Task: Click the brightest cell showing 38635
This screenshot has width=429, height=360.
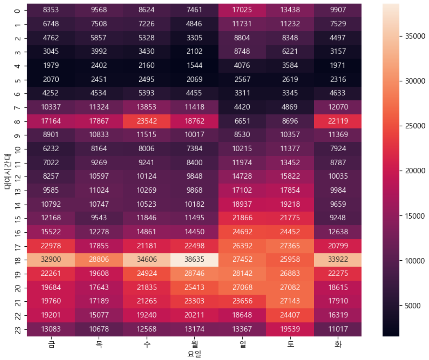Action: pyautogui.click(x=194, y=260)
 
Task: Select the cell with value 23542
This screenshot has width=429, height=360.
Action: pyautogui.click(x=146, y=121)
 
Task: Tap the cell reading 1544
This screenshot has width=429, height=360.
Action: pyautogui.click(x=194, y=66)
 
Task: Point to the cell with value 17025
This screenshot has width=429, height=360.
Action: pyautogui.click(x=242, y=10)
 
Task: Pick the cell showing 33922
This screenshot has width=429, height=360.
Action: pyautogui.click(x=338, y=260)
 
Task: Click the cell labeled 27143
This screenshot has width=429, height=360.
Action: pyautogui.click(x=290, y=301)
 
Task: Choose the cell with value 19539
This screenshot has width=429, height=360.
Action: pyautogui.click(x=290, y=329)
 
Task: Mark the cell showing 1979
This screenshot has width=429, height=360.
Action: pyautogui.click(x=51, y=66)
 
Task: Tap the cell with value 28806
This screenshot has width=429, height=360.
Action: pyautogui.click(x=99, y=260)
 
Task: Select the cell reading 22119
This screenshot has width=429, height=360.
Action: pyautogui.click(x=338, y=121)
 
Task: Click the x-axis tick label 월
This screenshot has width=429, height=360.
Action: pyautogui.click(x=195, y=344)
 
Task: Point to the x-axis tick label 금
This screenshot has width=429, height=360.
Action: pyautogui.click(x=51, y=344)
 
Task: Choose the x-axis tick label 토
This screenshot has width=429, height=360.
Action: pyautogui.click(x=290, y=344)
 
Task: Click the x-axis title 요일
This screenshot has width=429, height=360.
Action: pyautogui.click(x=194, y=354)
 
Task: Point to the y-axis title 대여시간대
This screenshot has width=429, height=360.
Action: pyautogui.click(x=8, y=171)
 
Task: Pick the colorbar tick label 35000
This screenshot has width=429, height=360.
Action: pyautogui.click(x=415, y=36)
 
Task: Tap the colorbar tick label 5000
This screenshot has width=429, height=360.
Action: pyautogui.click(x=413, y=306)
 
